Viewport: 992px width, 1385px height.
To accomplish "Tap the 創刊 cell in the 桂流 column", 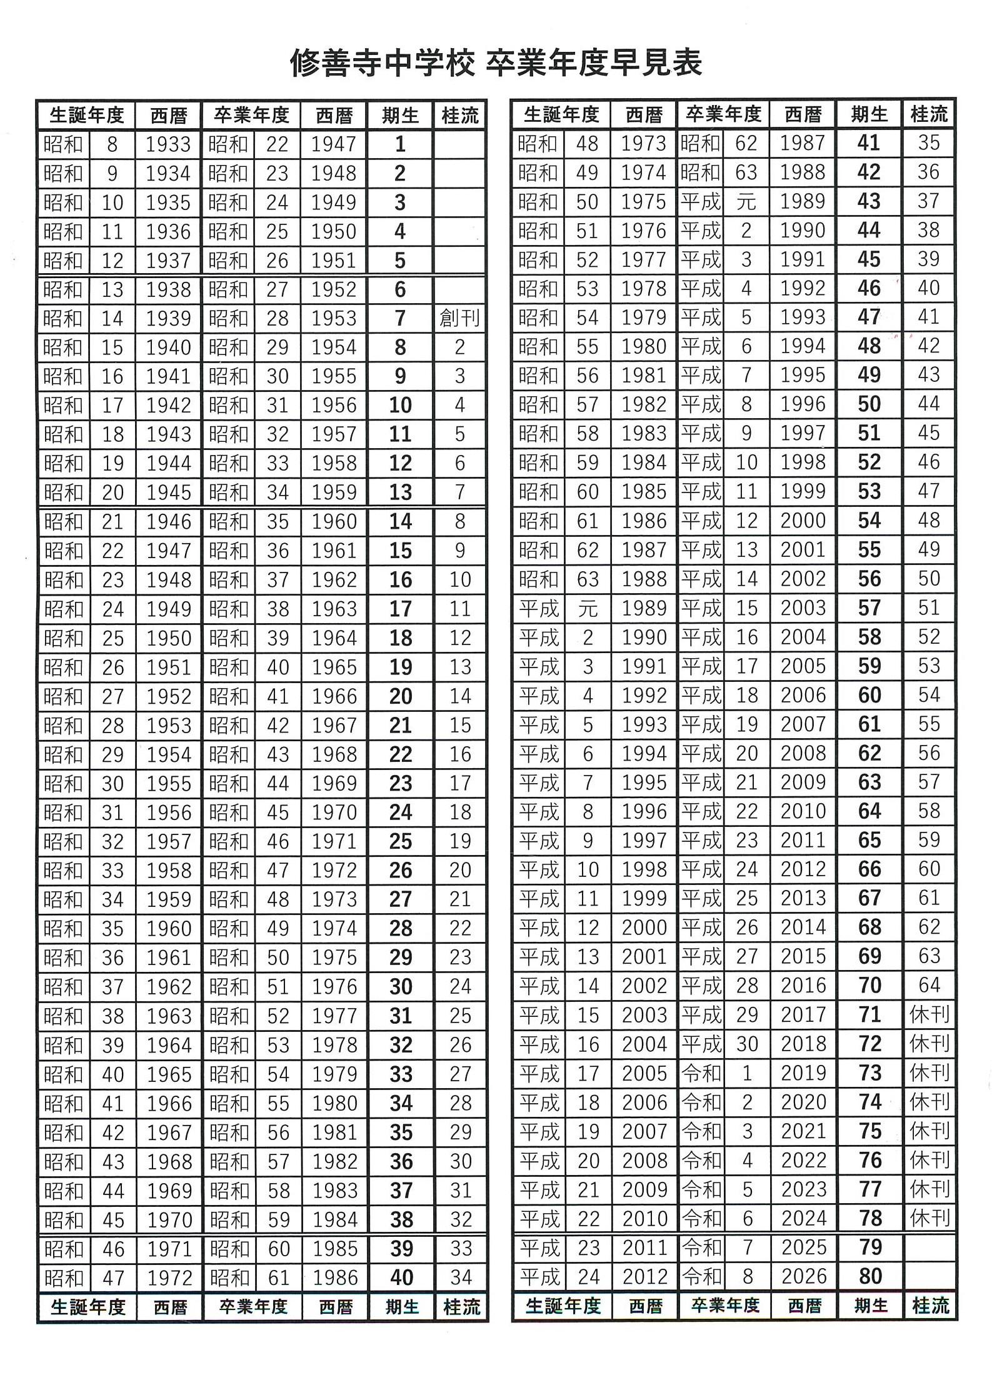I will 459,318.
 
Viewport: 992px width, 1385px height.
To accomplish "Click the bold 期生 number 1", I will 400,144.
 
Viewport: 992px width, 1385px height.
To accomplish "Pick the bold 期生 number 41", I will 869,143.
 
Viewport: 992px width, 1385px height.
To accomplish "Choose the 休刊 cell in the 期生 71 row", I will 929,1014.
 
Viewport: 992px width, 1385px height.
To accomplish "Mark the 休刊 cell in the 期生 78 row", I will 929,1217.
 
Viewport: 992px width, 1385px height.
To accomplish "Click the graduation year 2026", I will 803,1276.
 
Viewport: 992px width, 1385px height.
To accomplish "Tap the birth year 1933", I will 168,144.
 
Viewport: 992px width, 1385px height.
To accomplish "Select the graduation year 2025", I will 803,1247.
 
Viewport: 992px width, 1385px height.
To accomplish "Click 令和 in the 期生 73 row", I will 701,1072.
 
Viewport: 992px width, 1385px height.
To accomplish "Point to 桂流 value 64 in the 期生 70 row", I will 929,985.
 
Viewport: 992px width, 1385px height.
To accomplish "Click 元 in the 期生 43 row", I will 746,201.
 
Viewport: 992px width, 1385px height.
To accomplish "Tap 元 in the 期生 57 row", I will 587,608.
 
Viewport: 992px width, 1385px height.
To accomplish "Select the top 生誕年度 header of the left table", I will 86,116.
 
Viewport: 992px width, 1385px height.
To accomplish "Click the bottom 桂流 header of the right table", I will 930,1306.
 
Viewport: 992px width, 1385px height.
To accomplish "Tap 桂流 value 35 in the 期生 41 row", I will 928,143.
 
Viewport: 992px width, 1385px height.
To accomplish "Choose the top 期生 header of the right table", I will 869,114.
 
